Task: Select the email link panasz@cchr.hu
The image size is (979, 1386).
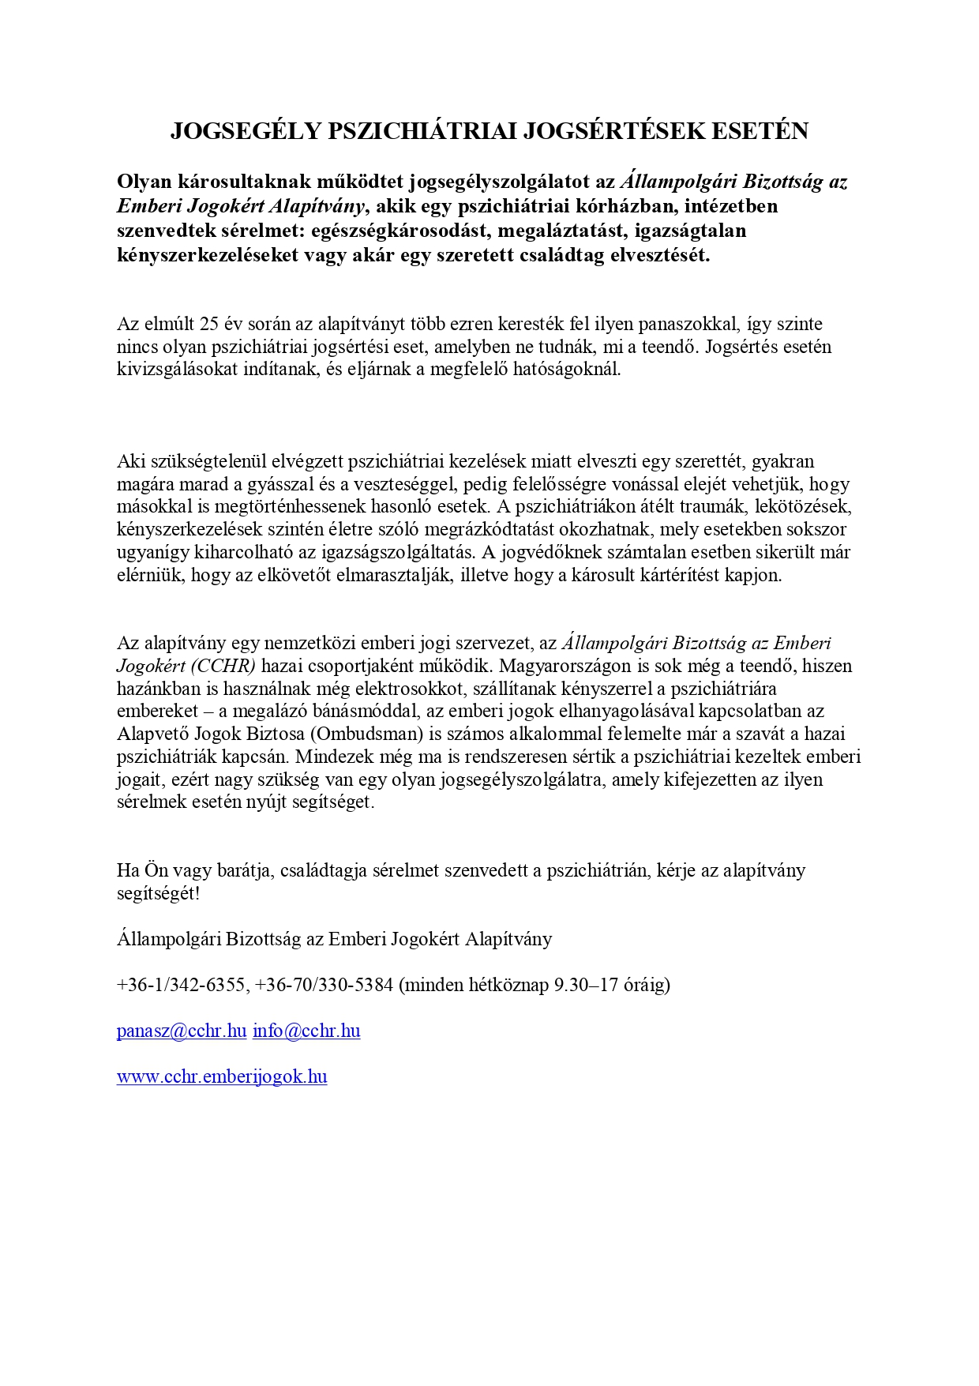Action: [182, 1031]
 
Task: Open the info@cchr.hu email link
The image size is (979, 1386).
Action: [306, 1031]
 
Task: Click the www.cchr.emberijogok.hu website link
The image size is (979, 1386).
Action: [222, 1076]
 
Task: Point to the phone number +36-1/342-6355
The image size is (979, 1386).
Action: [181, 985]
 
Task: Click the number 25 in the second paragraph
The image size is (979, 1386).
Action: [210, 324]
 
